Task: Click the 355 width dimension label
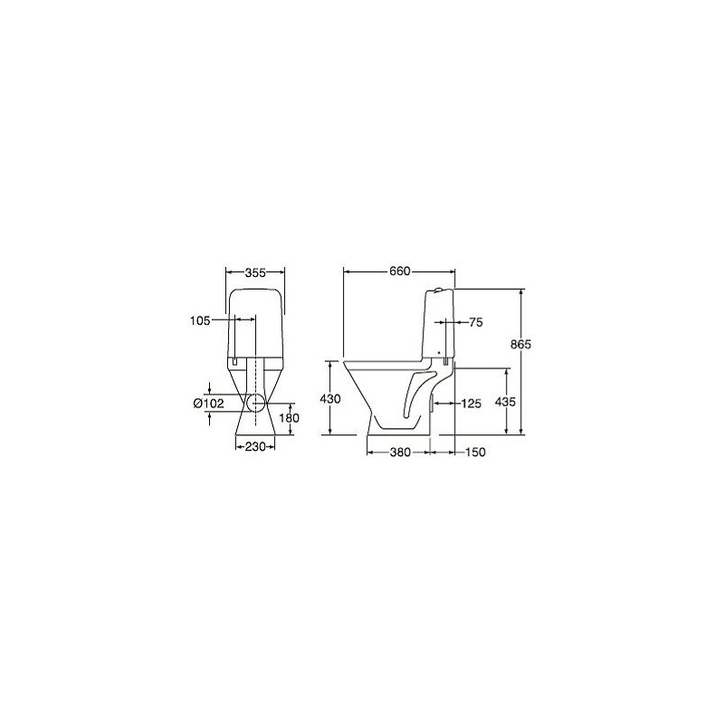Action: (x=255, y=273)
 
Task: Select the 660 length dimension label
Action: (x=399, y=271)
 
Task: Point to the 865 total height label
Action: (x=521, y=344)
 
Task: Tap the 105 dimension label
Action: (x=200, y=320)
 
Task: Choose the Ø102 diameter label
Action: (x=209, y=404)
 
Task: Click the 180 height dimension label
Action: (x=289, y=418)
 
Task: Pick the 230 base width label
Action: (x=255, y=446)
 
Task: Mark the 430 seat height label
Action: (x=330, y=398)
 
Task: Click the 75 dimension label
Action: (x=476, y=322)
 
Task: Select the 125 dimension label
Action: (x=471, y=404)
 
